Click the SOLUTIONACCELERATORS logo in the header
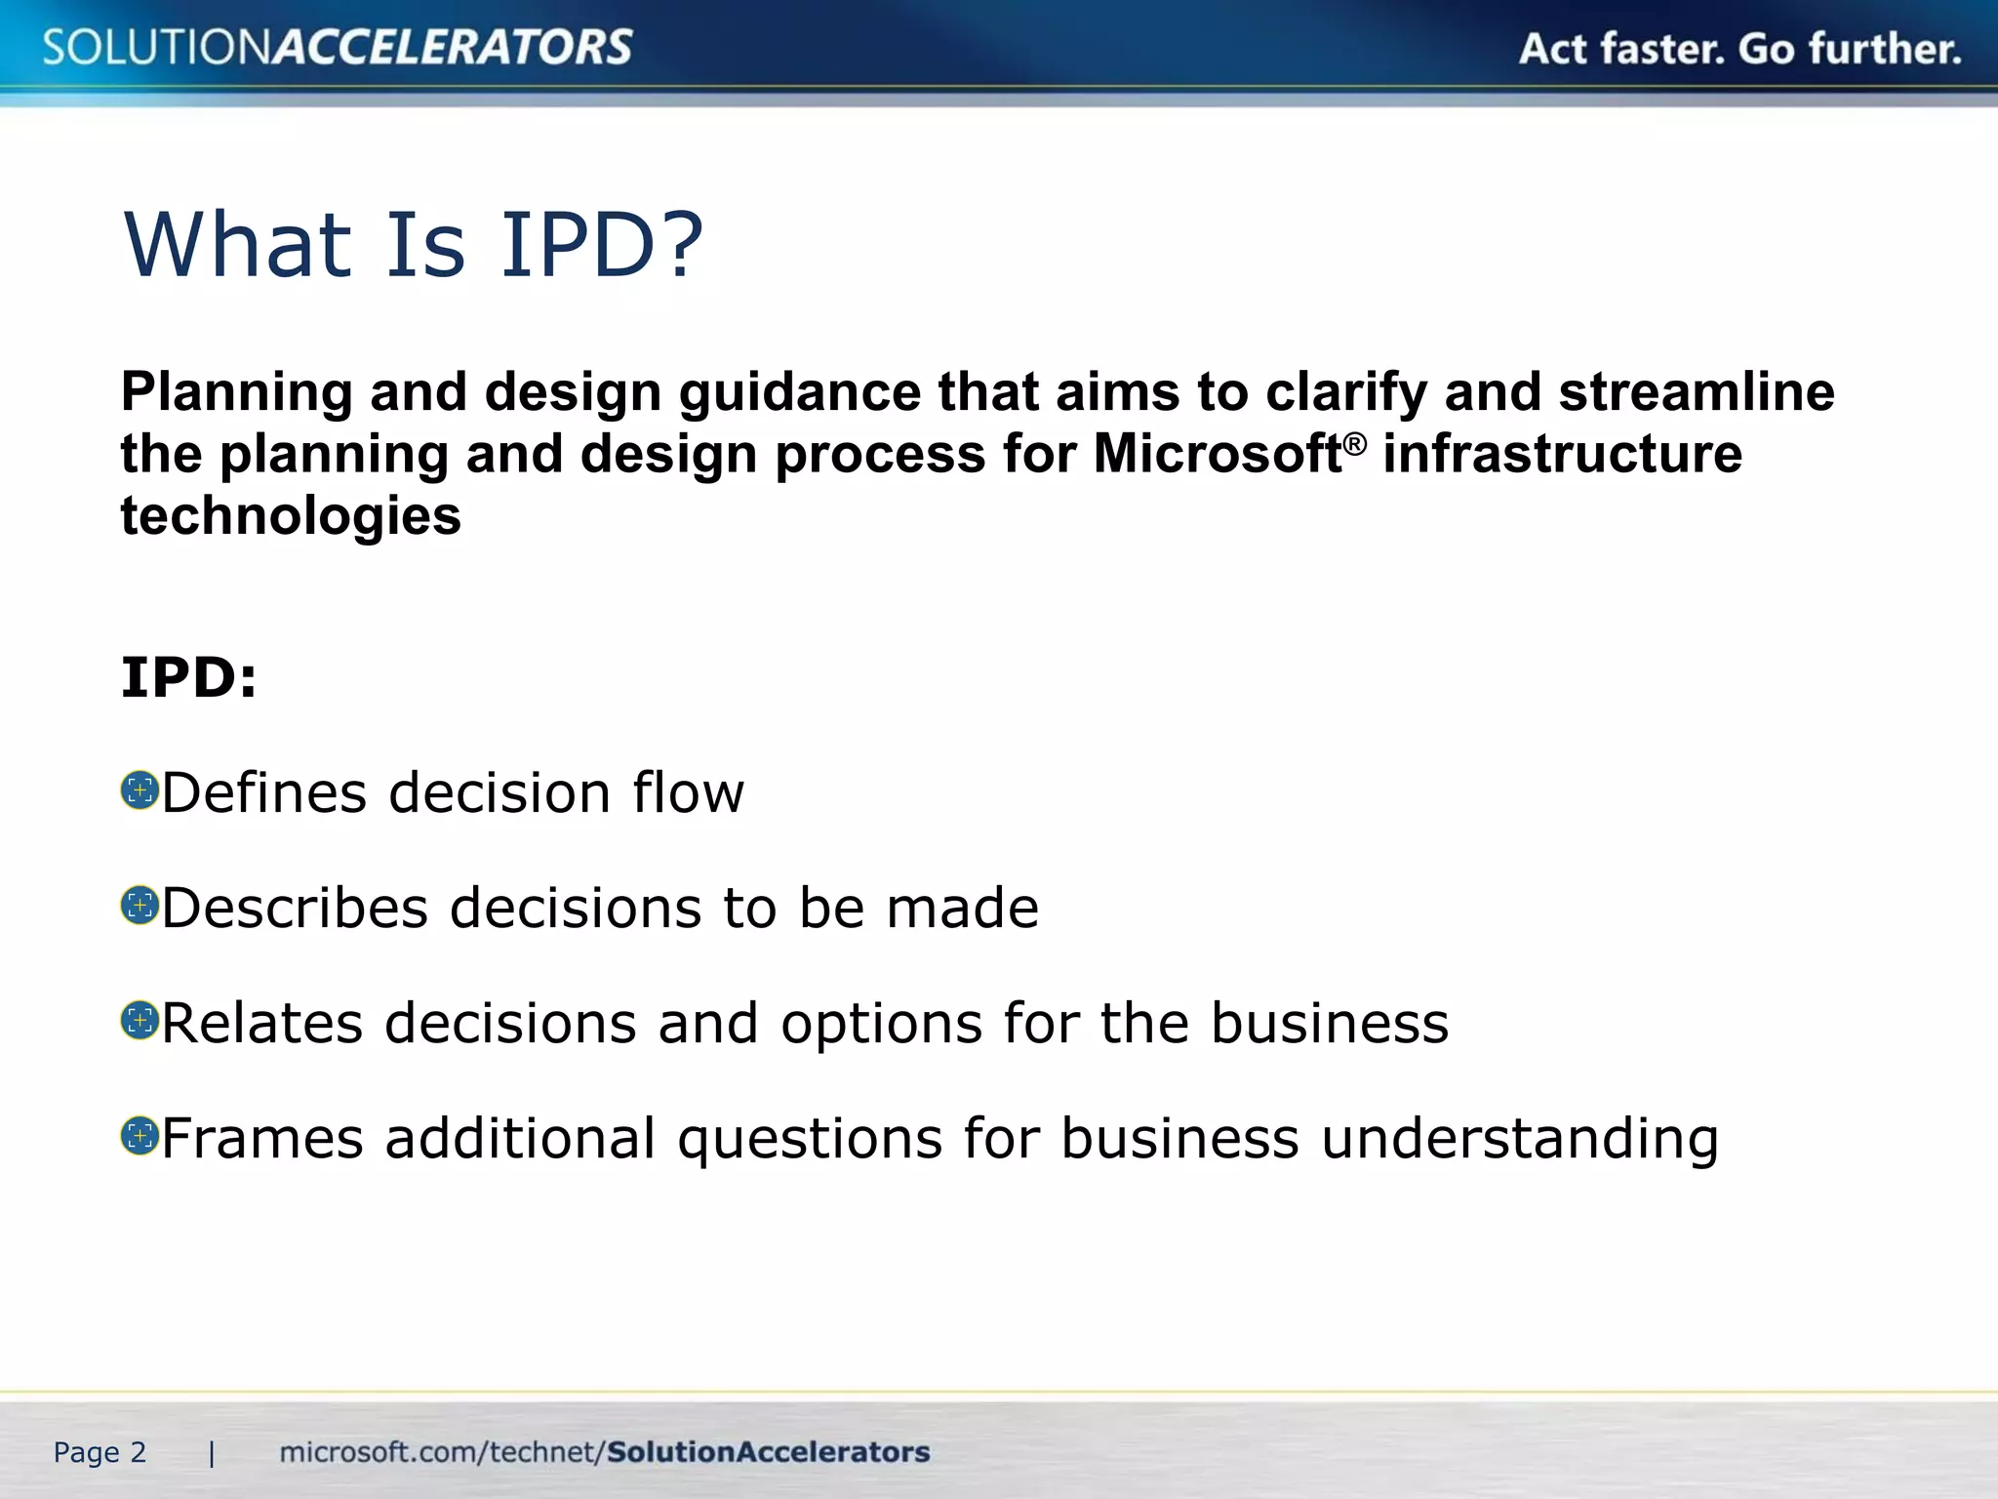coord(338,47)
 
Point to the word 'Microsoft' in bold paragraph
coord(1217,454)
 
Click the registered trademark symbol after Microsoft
coord(1355,444)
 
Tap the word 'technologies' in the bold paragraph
coord(291,515)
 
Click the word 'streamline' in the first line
coord(1697,392)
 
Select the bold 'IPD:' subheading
coord(189,677)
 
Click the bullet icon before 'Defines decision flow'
coord(140,790)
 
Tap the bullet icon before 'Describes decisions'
coord(140,906)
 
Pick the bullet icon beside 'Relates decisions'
coord(140,1021)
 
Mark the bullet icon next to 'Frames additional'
coord(140,1136)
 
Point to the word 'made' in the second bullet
coord(962,908)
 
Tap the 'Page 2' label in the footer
coord(100,1452)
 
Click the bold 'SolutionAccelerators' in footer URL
coord(768,1452)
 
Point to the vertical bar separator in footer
coord(212,1454)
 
